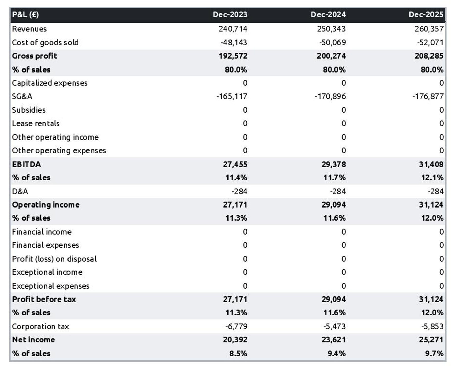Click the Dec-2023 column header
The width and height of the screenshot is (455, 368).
point(230,15)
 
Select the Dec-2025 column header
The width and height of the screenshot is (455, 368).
point(426,15)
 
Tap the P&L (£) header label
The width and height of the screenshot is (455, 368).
point(26,15)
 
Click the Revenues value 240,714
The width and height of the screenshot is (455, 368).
point(233,29)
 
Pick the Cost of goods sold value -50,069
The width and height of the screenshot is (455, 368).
point(332,42)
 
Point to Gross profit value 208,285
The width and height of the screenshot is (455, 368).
point(429,56)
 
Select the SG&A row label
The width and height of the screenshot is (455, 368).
point(22,96)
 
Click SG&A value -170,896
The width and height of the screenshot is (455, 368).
point(330,96)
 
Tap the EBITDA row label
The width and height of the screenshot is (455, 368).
point(27,164)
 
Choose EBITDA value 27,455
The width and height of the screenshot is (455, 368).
point(235,164)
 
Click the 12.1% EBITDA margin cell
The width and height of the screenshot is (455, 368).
point(432,178)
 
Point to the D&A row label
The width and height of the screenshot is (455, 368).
point(20,191)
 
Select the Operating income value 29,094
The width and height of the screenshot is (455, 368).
point(333,205)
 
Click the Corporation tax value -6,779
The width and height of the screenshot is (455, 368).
point(236,326)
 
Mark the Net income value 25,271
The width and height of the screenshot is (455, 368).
point(431,340)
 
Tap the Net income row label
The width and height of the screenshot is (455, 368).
point(33,340)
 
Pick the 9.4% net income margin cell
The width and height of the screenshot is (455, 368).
point(336,353)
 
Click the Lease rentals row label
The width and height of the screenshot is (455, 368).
point(36,123)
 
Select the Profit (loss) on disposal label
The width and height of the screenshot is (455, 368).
point(54,259)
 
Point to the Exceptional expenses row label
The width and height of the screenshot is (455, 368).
point(51,286)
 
